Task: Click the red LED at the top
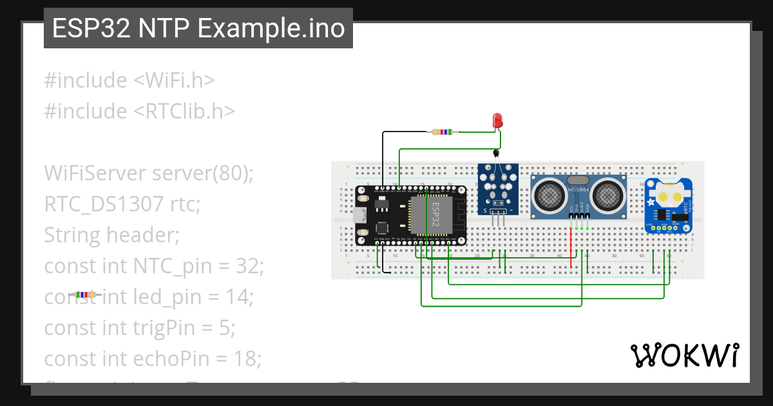(x=497, y=120)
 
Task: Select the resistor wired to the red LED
(x=442, y=132)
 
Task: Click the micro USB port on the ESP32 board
(x=358, y=215)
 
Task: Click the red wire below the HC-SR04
(x=571, y=248)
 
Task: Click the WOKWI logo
(x=684, y=355)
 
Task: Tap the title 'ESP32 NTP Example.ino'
(x=198, y=28)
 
